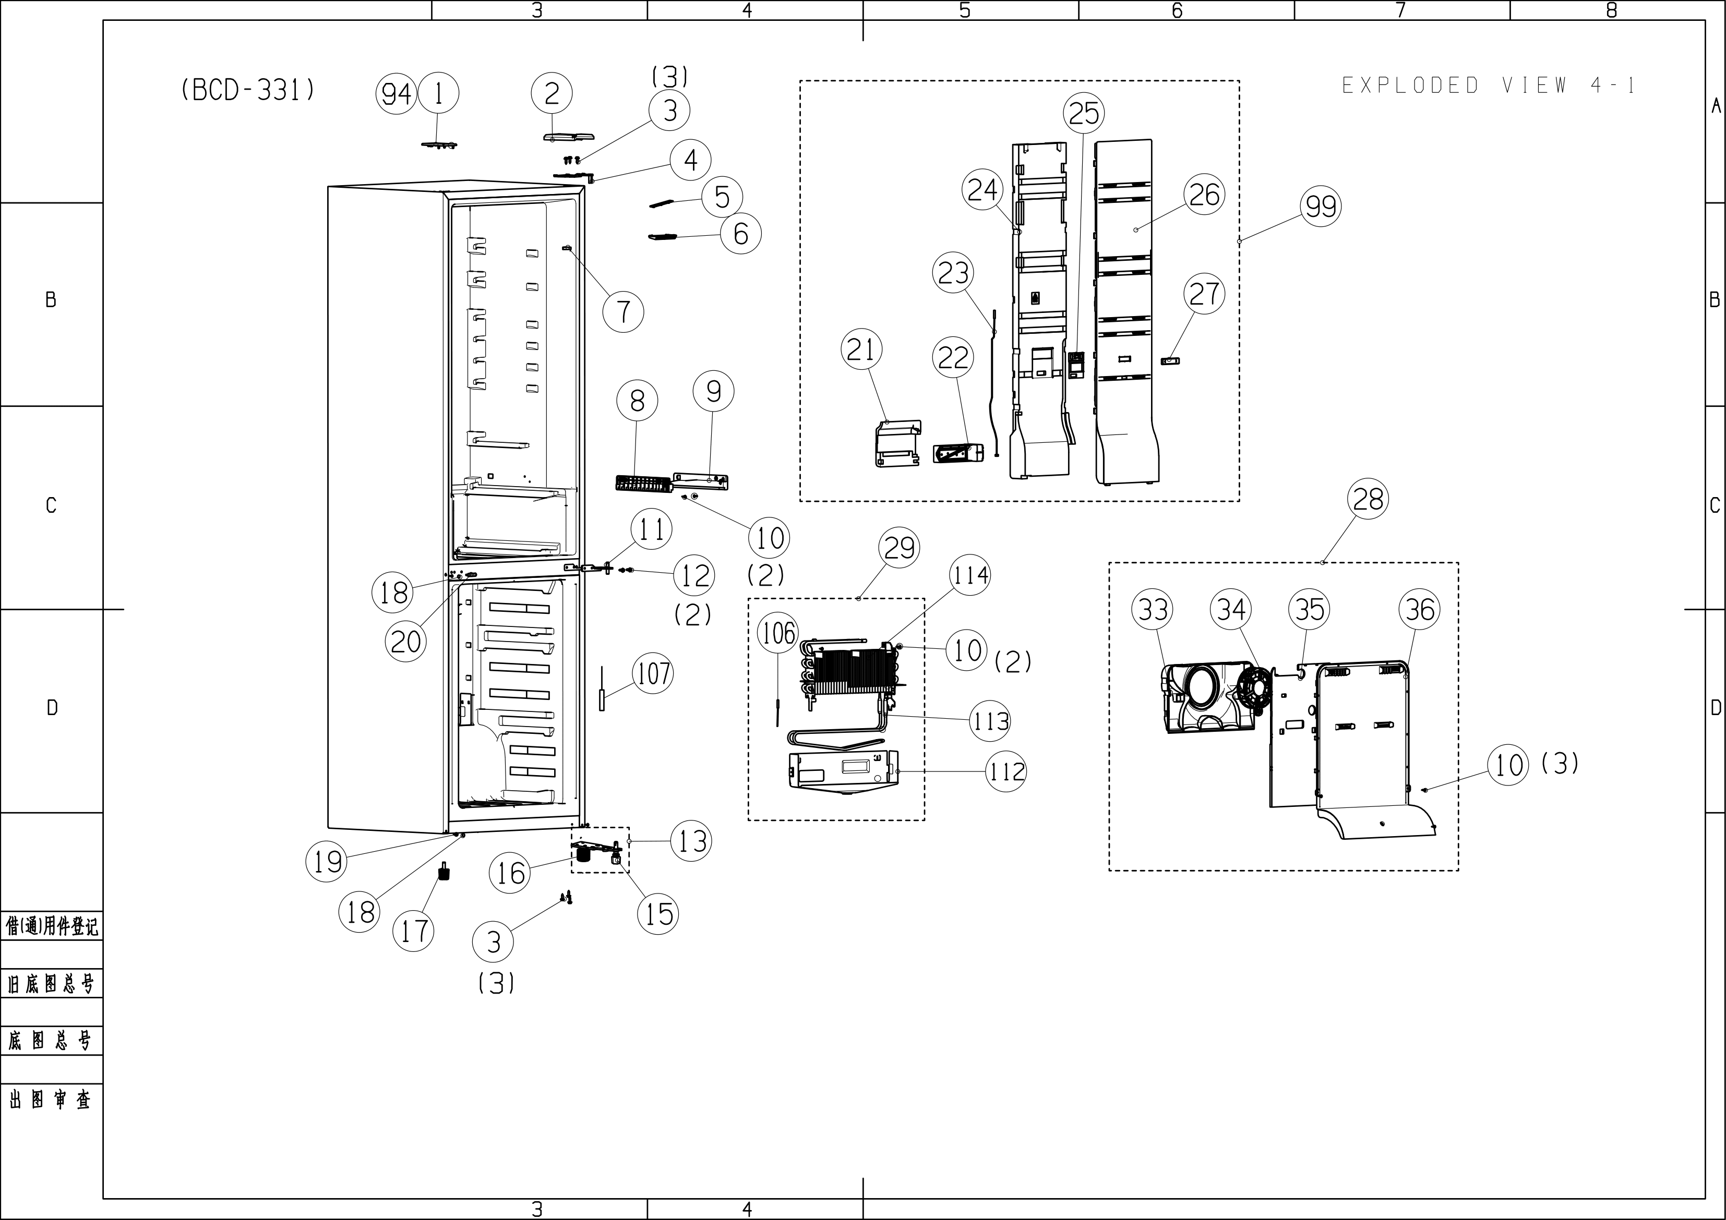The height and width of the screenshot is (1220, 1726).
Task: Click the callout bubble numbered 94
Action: point(396,94)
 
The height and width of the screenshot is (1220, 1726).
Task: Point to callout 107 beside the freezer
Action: point(653,673)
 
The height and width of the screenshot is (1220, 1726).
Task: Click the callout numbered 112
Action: point(1006,771)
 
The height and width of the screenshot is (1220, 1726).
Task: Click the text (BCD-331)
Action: point(248,90)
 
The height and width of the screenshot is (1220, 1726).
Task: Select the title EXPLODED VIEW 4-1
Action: point(1489,86)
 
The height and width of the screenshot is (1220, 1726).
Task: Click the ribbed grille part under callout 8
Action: point(643,482)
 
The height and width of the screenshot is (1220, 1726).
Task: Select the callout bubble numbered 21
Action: point(861,349)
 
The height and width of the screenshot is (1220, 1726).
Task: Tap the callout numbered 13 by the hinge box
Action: point(692,841)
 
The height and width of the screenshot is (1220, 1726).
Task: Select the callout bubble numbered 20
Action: point(406,642)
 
